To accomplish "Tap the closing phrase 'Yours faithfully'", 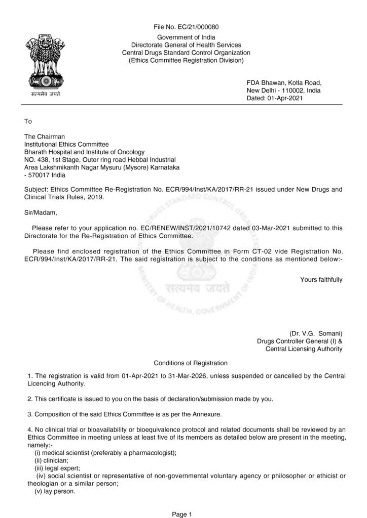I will coord(321,279).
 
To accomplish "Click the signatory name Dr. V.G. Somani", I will coord(316,333).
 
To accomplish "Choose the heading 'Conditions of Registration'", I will coord(191,363).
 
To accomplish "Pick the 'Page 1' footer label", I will coord(182,514).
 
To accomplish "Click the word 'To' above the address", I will coord(28,121).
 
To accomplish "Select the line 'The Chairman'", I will coord(45,136).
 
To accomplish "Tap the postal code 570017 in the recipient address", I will coord(40,175).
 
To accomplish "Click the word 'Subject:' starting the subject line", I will coord(38,190).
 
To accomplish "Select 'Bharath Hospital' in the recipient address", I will coord(48,152).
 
